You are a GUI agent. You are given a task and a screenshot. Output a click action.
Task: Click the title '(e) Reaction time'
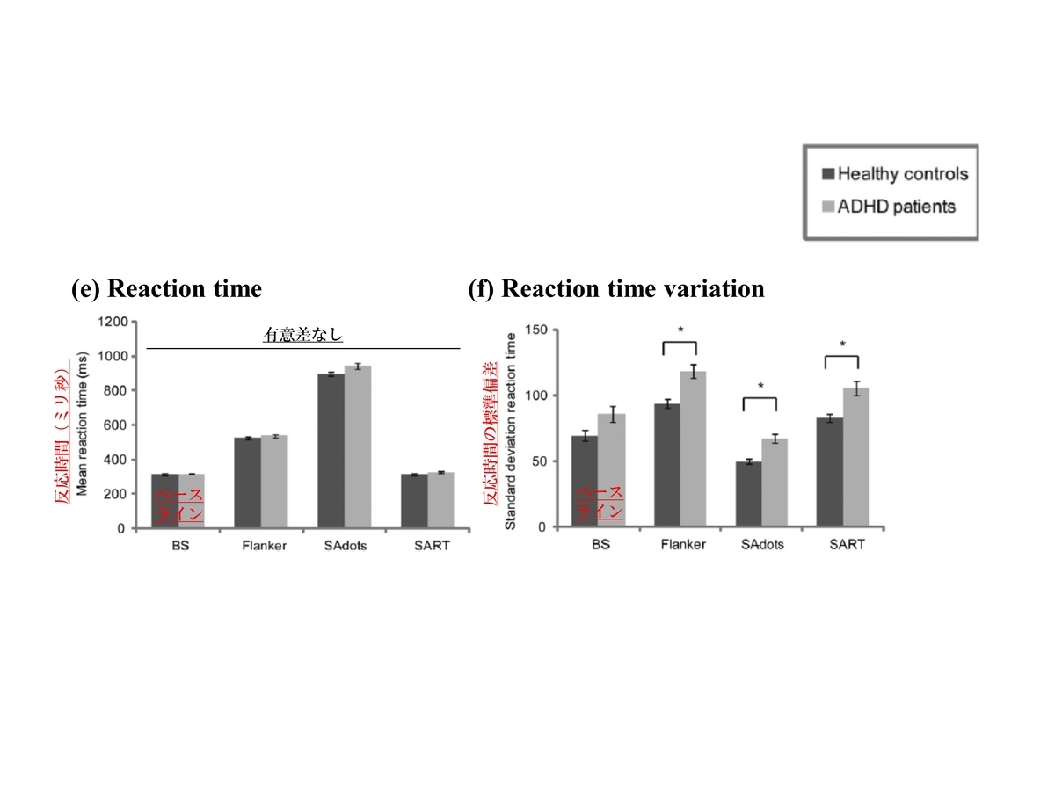click(166, 288)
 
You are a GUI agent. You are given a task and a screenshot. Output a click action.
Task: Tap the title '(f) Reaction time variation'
click(616, 288)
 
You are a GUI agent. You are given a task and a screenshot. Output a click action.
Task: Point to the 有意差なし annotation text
click(302, 335)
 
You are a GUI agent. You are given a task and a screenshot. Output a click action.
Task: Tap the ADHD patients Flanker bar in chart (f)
click(695, 449)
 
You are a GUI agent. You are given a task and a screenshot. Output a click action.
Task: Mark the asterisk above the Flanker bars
click(680, 330)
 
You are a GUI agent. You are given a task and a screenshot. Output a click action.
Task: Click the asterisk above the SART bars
click(841, 345)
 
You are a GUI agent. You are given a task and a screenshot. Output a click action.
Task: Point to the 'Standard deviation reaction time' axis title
click(511, 428)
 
